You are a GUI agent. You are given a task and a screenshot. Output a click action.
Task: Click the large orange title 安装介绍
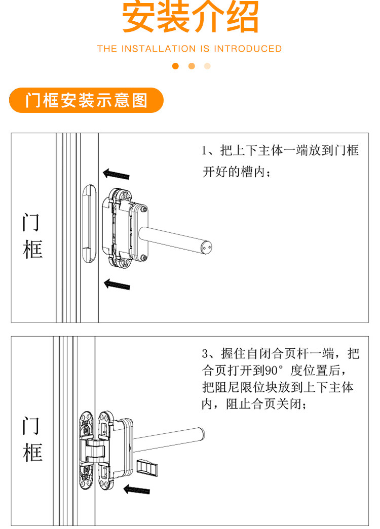pyautogui.click(x=190, y=17)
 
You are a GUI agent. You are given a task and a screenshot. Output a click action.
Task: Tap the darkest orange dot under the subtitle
pyautogui.click(x=176, y=66)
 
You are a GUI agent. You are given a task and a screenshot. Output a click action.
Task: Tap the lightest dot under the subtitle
pyautogui.click(x=207, y=66)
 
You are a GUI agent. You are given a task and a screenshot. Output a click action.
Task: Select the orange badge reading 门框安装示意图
pyautogui.click(x=87, y=100)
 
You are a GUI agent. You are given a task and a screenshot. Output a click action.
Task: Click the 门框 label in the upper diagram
pyautogui.click(x=32, y=236)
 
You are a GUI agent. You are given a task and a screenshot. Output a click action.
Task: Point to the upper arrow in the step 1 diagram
pyautogui.click(x=116, y=174)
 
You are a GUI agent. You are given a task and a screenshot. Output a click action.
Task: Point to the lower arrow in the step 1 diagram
pyautogui.click(x=117, y=284)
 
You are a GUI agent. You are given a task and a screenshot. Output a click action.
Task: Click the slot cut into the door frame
pyautogui.click(x=89, y=224)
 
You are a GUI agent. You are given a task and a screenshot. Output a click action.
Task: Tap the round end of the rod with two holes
pyautogui.click(x=206, y=248)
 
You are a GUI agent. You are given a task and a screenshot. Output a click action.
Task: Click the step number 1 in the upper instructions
pyautogui.click(x=205, y=151)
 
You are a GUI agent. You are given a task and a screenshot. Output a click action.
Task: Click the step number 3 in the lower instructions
pyautogui.click(x=205, y=353)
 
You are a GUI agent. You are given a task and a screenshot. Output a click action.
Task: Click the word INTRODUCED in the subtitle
pyautogui.click(x=247, y=49)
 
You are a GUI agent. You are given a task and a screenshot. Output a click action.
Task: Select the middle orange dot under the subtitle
pyautogui.click(x=192, y=66)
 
